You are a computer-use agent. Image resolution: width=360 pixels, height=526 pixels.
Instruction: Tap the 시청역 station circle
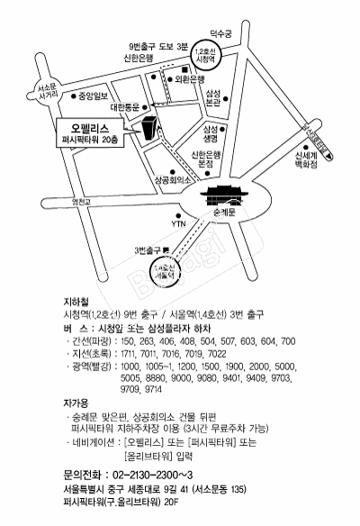[x=206, y=56]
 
